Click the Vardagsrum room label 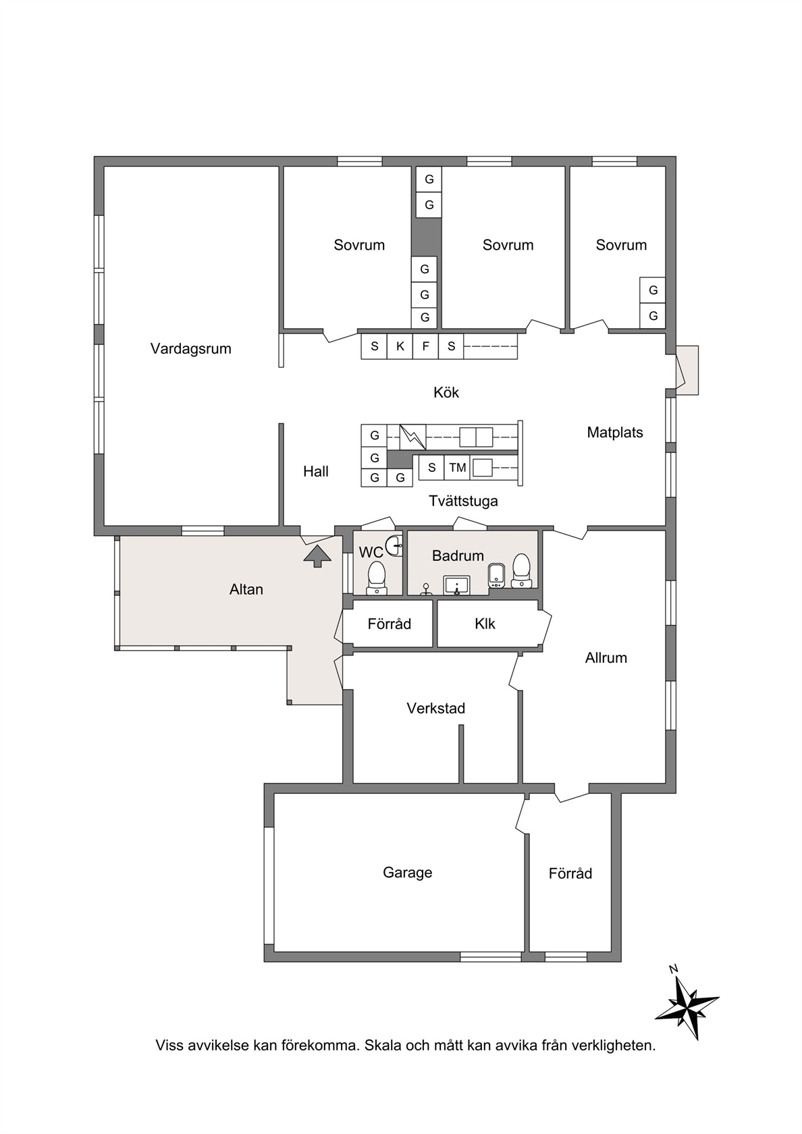click(x=190, y=349)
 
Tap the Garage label click(x=408, y=872)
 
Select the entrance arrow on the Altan click(x=317, y=556)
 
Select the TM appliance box click(x=457, y=467)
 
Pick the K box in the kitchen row click(x=400, y=346)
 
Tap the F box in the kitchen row click(x=426, y=346)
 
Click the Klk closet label click(x=485, y=624)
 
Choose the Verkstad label click(x=435, y=708)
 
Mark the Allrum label click(x=606, y=657)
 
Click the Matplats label click(x=614, y=432)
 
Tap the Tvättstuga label click(x=463, y=501)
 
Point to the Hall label click(x=316, y=471)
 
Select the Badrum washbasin click(x=456, y=585)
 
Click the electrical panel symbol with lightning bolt click(x=413, y=437)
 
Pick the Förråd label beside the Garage click(x=570, y=873)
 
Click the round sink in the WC click(x=394, y=545)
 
